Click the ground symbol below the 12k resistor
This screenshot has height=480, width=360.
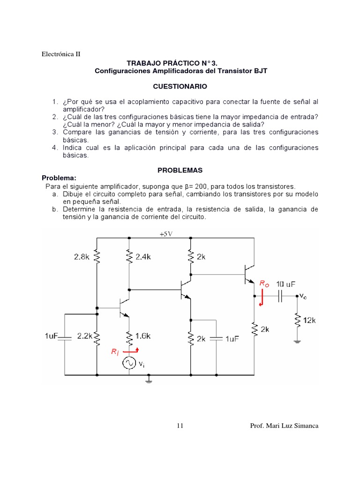pos(297,342)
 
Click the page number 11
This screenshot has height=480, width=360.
pos(180,426)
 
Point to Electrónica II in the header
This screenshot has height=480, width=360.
pos(61,54)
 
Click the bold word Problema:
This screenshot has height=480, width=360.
pos(59,178)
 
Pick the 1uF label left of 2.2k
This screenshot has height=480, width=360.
pos(52,336)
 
